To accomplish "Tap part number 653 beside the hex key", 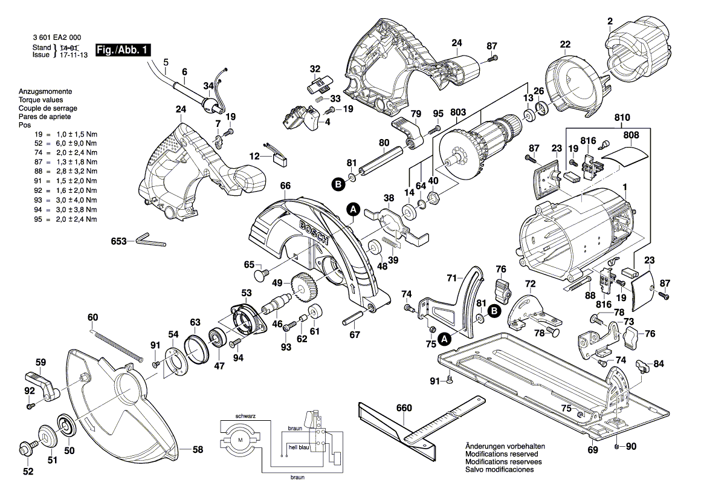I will pyautogui.click(x=118, y=241).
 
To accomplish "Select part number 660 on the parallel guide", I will pyautogui.click(x=404, y=408).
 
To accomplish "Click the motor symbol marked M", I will pyautogui.click(x=241, y=438).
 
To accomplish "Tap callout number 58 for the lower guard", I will pyautogui.click(x=198, y=450).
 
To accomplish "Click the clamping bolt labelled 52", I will pyautogui.click(x=26, y=450).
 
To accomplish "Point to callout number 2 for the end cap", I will pyautogui.click(x=610, y=22).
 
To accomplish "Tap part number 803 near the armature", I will pyautogui.click(x=458, y=112).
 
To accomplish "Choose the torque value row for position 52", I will pyautogui.click(x=57, y=143).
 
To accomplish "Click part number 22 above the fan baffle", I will pyautogui.click(x=565, y=44).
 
